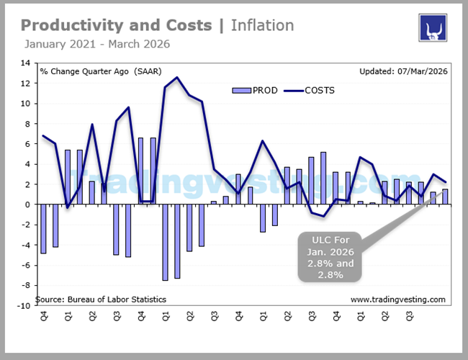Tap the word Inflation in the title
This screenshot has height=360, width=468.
[262, 25]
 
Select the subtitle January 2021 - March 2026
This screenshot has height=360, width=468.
[97, 44]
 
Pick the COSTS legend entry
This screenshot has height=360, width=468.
[308, 90]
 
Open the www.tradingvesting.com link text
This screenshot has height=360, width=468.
[397, 299]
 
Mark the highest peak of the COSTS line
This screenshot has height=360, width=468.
[177, 78]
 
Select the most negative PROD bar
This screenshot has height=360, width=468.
[165, 242]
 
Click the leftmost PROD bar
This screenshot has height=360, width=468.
[43, 228]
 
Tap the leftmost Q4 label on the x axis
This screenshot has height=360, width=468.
[43, 318]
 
